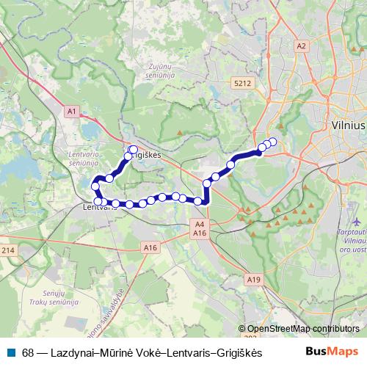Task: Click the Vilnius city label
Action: pyautogui.click(x=347, y=126)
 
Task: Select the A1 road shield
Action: pyautogui.click(x=71, y=111)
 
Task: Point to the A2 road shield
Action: pyautogui.click(x=301, y=46)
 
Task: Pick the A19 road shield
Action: pyautogui.click(x=254, y=279)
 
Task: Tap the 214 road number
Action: pyautogui.click(x=7, y=251)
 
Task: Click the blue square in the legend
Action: pyautogui.click(x=12, y=352)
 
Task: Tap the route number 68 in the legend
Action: pyautogui.click(x=28, y=352)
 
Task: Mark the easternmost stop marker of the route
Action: pyautogui.click(x=273, y=142)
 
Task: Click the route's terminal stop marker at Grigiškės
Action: pyautogui.click(x=133, y=150)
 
